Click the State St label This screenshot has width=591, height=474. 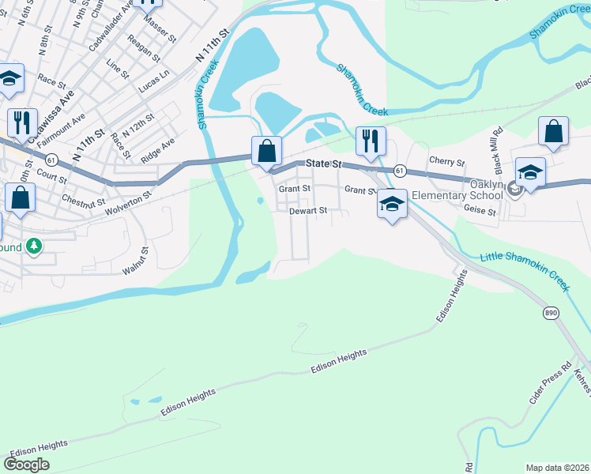click(x=324, y=164)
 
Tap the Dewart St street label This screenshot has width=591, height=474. click(x=307, y=211)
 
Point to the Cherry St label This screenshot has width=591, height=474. click(x=446, y=161)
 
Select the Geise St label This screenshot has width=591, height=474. click(x=480, y=212)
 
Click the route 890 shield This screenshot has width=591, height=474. click(x=551, y=314)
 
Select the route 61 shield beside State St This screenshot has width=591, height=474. click(x=401, y=171)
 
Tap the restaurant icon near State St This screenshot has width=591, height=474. click(x=371, y=141)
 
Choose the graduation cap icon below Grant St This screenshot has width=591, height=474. click(x=391, y=204)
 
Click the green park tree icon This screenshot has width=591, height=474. click(x=33, y=246)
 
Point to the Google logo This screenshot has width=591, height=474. click(x=28, y=465)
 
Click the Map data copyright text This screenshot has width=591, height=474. click(x=558, y=467)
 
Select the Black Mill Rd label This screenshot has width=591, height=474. click(x=498, y=151)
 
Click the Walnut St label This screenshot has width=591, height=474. click(x=135, y=261)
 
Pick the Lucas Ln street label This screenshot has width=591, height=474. click(x=154, y=80)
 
